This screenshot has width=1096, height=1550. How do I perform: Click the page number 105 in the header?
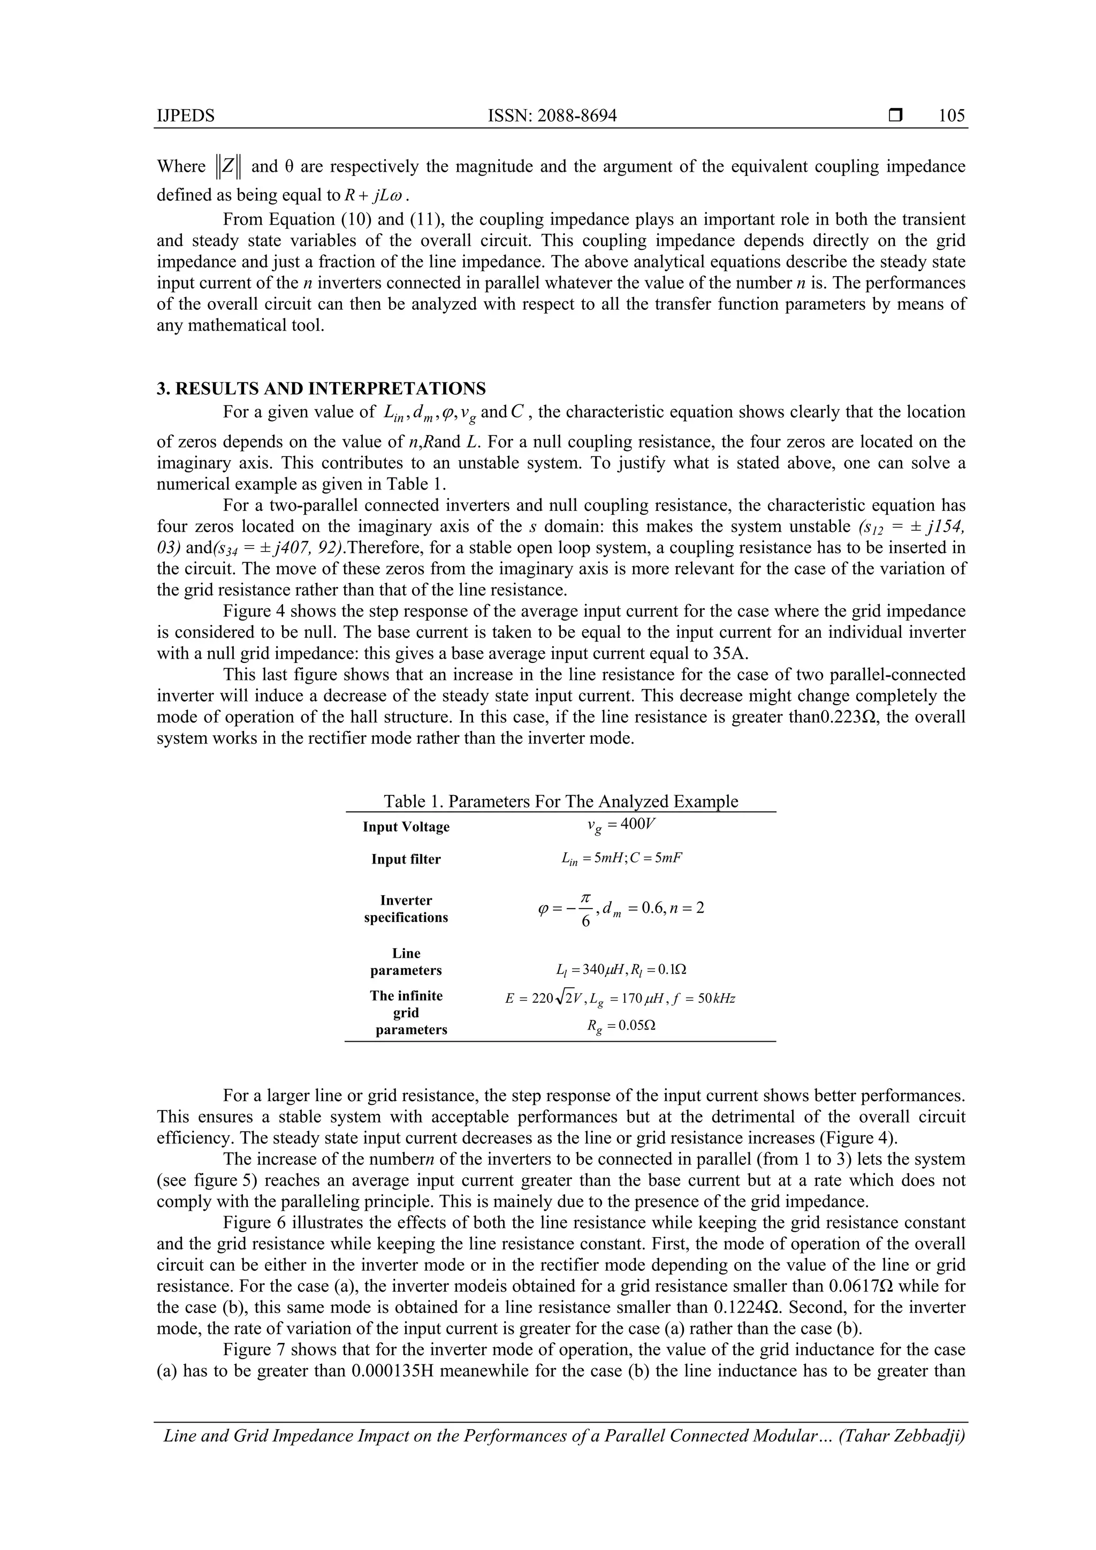952,116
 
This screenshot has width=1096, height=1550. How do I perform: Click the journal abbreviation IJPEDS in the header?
185,116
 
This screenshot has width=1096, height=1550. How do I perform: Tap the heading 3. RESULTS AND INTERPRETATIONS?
322,389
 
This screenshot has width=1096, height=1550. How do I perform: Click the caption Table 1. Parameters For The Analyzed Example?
560,801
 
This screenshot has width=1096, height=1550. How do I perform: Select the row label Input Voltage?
406,827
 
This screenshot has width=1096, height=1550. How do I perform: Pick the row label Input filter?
406,859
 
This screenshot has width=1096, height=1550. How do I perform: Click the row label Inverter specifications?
406,908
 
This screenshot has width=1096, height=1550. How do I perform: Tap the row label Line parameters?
406,962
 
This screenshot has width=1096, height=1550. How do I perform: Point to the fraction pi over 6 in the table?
585,908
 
